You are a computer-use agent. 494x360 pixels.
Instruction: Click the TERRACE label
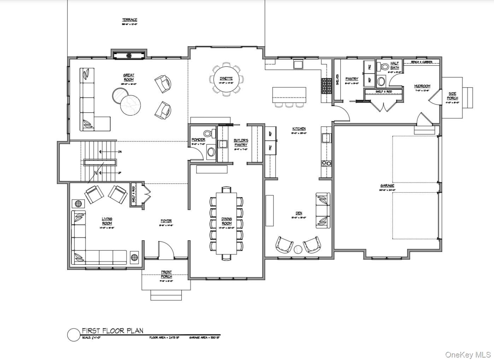tap(130, 20)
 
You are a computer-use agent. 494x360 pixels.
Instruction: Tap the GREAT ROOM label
tap(129, 77)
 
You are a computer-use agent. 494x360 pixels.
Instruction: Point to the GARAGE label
tap(387, 185)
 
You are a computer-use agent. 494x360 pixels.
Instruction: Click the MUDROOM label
tap(422, 86)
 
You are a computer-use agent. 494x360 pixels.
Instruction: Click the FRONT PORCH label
tap(166, 274)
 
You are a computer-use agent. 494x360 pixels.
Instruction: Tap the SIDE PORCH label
tap(452, 96)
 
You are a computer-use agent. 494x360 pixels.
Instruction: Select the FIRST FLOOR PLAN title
tap(113, 331)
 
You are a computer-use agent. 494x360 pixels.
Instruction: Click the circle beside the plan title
tap(73, 335)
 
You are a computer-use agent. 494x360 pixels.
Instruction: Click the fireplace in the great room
tap(129, 55)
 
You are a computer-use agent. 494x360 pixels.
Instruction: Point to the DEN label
tap(299, 213)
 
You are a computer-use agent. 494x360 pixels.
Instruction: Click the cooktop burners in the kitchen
tap(326, 163)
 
